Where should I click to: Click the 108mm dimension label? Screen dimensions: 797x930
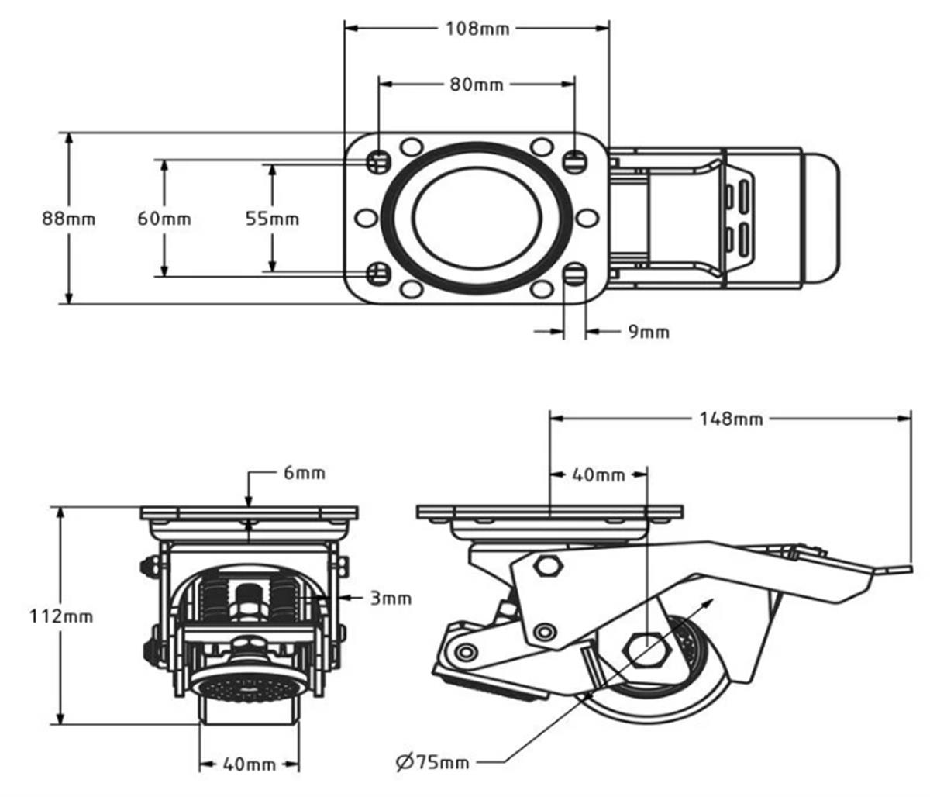477,29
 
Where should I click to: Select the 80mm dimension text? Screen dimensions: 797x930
477,84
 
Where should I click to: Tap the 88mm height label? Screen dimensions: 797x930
69,219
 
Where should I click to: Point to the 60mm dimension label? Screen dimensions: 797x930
164,219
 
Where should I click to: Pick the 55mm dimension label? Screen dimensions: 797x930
272,219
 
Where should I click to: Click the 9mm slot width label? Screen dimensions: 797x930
648,333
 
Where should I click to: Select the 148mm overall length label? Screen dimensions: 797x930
731,419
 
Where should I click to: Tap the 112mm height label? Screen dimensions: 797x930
61,617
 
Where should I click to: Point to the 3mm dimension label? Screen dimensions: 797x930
391,598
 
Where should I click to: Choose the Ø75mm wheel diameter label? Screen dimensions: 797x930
432,762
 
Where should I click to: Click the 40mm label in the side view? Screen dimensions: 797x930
598,474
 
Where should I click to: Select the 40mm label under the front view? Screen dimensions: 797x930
249,764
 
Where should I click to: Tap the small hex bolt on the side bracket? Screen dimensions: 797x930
549,565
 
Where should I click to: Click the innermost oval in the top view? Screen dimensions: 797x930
477,217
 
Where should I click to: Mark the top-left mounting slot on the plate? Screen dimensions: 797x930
378,161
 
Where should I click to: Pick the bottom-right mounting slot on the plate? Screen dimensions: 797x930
574,273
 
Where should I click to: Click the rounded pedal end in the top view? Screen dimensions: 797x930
821,219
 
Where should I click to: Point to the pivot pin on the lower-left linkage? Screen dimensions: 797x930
465,652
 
